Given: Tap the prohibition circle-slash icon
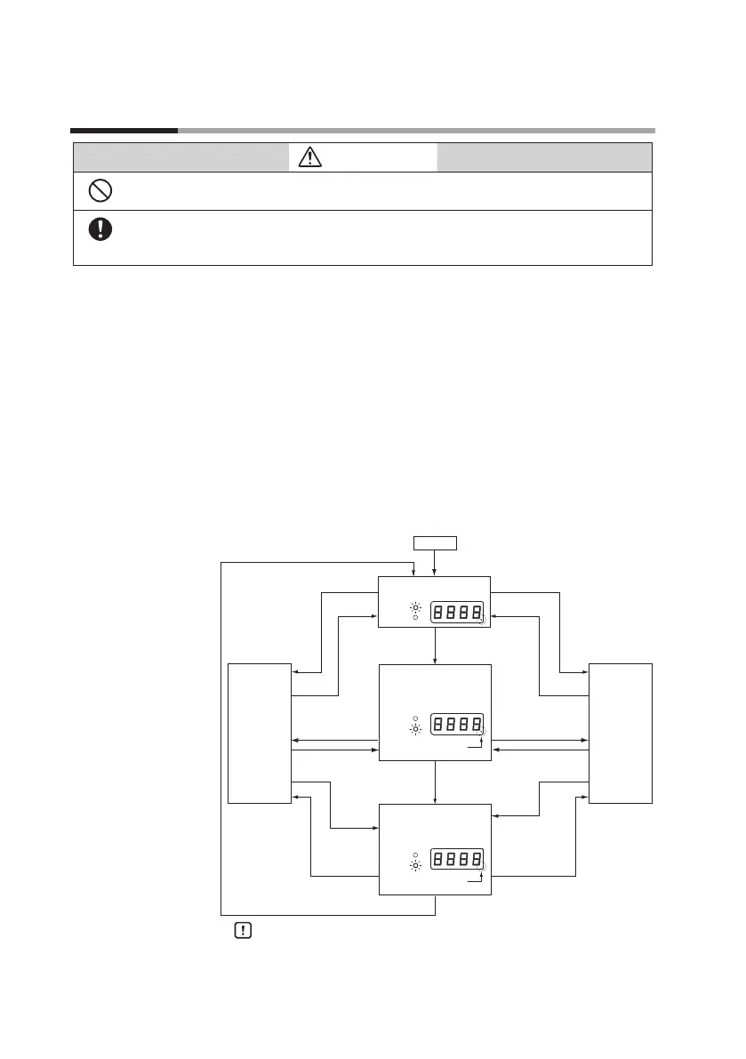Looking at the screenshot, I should click(x=100, y=191).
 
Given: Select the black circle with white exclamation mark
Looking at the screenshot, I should click(x=100, y=229).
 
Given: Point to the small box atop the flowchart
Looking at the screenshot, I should click(x=434, y=542).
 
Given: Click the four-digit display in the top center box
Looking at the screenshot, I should click(x=458, y=612).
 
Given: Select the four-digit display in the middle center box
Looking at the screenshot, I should click(x=458, y=725).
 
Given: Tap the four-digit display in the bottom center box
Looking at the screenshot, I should click(x=458, y=860).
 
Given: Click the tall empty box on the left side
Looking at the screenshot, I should click(x=260, y=733).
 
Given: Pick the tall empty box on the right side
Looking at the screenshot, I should click(x=620, y=733).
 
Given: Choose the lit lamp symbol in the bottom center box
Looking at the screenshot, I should click(x=415, y=864).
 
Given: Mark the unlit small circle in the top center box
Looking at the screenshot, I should click(x=415, y=619).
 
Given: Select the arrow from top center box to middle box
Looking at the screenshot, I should click(x=435, y=646).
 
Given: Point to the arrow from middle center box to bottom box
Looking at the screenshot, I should click(x=435, y=782).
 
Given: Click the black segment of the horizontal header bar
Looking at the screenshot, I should click(x=124, y=131).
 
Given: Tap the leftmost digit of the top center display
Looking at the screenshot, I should click(x=440, y=612).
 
